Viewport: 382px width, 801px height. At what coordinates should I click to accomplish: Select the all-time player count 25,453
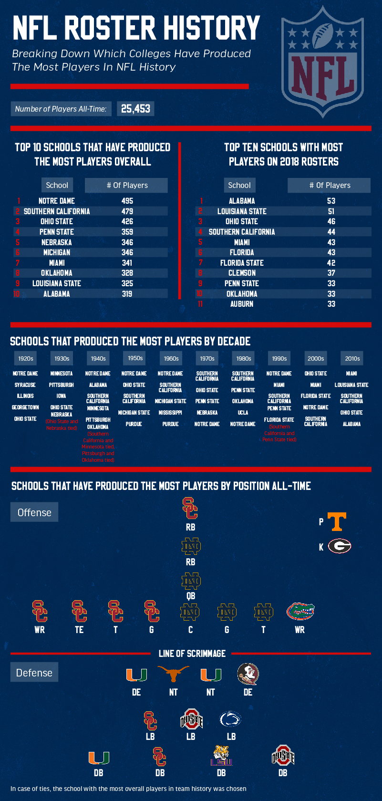tap(135, 109)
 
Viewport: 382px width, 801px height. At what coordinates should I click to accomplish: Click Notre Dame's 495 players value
tap(127, 201)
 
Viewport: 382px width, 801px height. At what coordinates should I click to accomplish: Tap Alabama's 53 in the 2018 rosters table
tap(331, 201)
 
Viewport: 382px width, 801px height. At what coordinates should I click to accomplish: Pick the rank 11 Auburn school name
tap(242, 304)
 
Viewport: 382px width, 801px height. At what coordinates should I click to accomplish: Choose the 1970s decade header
tap(207, 358)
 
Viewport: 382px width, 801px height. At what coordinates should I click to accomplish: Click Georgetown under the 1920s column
tap(25, 407)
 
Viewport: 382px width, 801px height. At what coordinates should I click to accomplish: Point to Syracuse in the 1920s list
tap(25, 385)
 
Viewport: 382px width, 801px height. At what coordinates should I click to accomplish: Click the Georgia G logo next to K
tap(340, 546)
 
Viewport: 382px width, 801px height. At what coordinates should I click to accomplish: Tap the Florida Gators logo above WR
tap(300, 611)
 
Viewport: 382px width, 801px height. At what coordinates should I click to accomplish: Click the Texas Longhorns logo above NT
tap(173, 675)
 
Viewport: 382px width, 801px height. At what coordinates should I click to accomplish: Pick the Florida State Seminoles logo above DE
tap(248, 674)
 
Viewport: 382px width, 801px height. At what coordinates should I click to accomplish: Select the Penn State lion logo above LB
tap(230, 719)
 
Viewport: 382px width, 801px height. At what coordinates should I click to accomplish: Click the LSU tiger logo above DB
tap(221, 756)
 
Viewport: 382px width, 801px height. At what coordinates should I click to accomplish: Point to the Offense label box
tap(34, 512)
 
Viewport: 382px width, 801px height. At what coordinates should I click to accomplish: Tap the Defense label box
tap(34, 673)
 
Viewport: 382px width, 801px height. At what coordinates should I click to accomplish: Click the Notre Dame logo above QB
tap(191, 581)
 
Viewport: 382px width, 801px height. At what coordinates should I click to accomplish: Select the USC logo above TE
tap(79, 611)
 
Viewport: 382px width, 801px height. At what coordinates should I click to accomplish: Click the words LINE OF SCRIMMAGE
tap(192, 654)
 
